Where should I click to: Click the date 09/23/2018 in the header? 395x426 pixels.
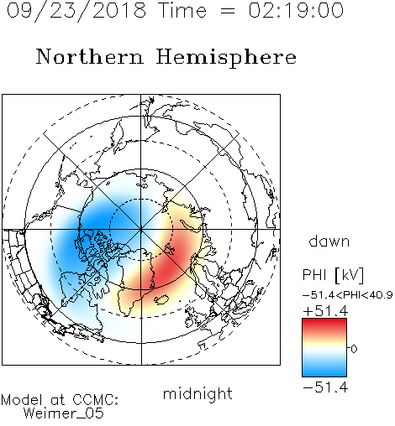click(76, 10)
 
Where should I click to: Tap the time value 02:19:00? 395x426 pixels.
click(296, 10)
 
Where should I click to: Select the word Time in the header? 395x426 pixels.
click(182, 10)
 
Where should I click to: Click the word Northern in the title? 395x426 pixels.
click(90, 57)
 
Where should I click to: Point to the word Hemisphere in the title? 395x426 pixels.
click(226, 58)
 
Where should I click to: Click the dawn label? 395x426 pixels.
click(329, 241)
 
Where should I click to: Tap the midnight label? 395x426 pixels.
click(197, 393)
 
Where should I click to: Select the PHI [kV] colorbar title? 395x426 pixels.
click(333, 275)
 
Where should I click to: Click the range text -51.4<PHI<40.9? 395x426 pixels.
click(348, 295)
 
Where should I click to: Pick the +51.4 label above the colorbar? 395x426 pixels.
click(325, 311)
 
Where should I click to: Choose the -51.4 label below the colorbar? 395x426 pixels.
click(325, 387)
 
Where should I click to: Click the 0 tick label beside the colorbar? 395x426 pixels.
click(354, 349)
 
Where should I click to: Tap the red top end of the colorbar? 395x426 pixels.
click(324, 321)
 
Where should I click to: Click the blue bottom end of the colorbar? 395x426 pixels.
click(324, 373)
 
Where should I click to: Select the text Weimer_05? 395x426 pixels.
click(64, 413)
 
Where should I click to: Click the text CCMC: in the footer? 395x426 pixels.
click(96, 400)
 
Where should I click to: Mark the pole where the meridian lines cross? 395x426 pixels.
click(141, 230)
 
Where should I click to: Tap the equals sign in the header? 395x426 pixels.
click(227, 11)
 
